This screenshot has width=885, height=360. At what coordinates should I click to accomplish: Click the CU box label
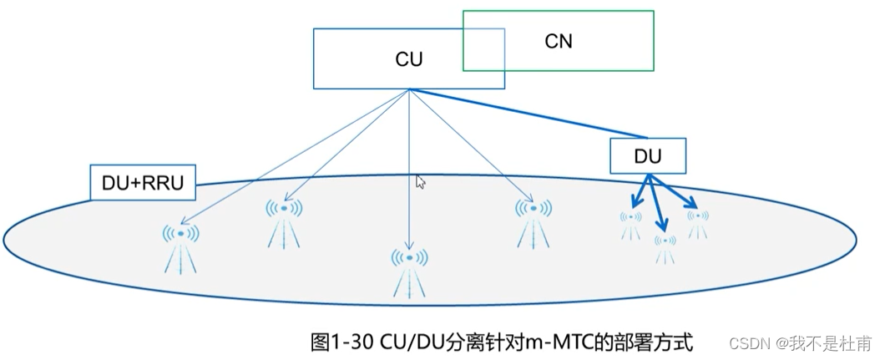[x=408, y=59]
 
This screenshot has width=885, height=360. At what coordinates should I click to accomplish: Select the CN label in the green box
[x=558, y=40]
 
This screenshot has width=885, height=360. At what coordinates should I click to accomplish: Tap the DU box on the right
[x=648, y=155]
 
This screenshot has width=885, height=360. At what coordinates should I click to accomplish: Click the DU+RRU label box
[x=142, y=183]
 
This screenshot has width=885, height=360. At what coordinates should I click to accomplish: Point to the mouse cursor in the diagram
[x=421, y=182]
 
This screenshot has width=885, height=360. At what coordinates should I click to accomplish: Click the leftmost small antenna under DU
[x=630, y=223]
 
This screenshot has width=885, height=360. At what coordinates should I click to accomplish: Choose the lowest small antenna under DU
[x=665, y=247]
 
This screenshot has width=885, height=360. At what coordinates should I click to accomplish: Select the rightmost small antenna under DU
[x=697, y=221]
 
